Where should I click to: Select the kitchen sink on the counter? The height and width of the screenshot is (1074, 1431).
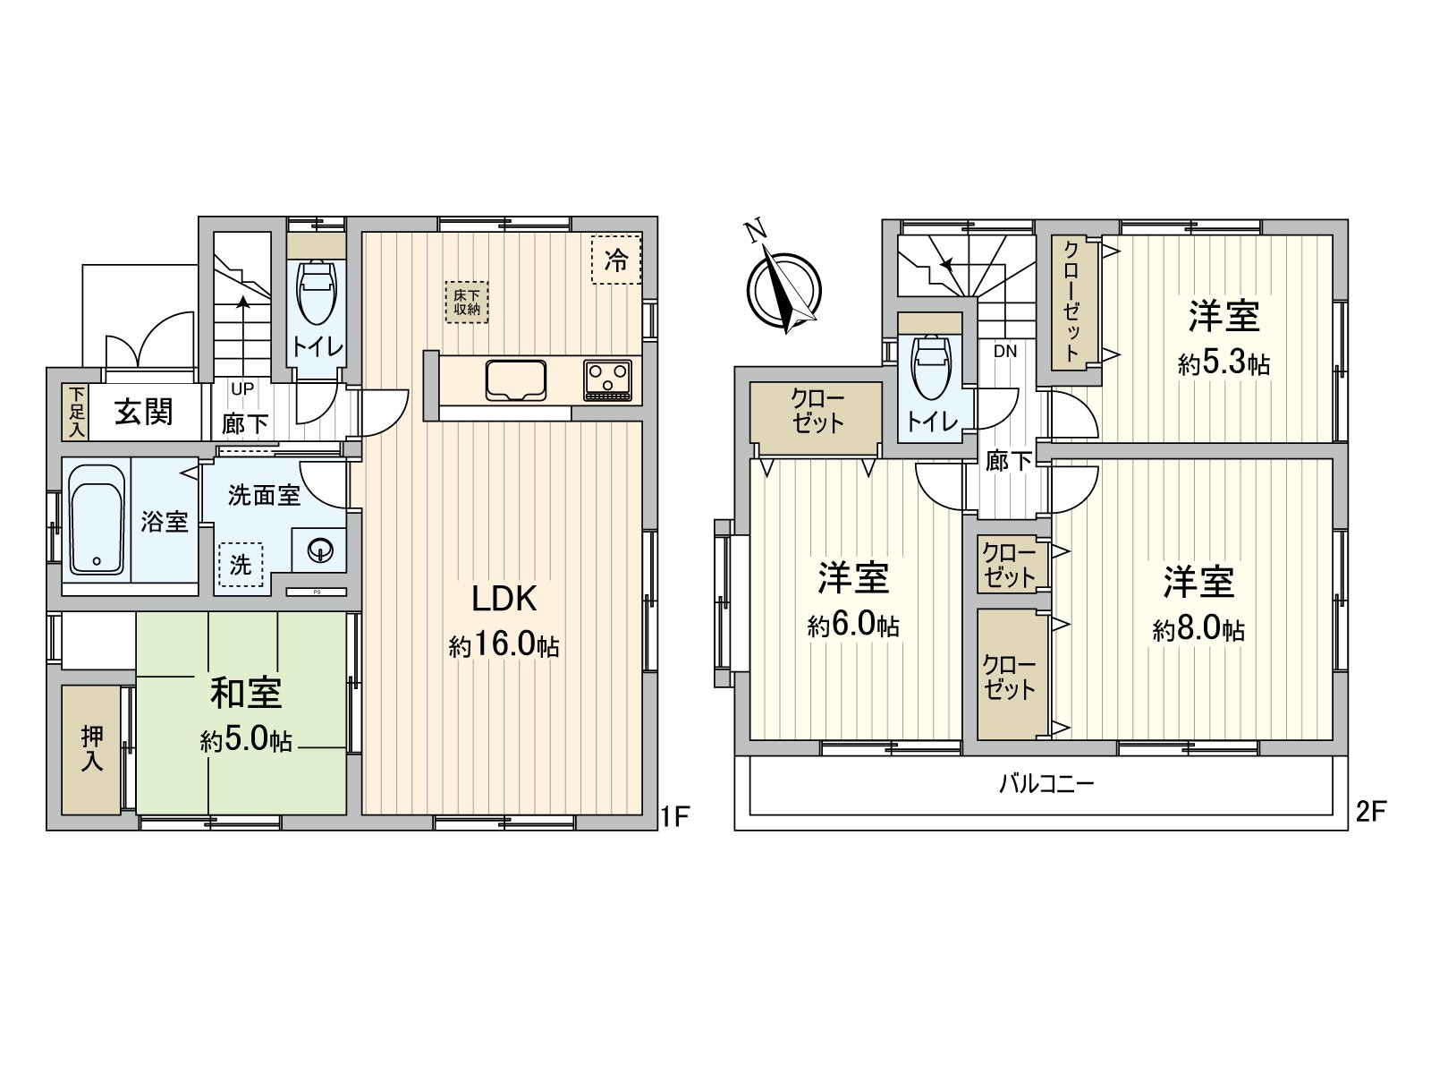click(516, 381)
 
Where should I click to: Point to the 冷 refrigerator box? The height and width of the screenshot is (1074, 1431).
click(616, 259)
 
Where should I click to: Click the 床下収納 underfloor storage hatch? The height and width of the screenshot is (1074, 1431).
click(466, 303)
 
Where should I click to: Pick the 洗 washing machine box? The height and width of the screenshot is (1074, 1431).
click(241, 565)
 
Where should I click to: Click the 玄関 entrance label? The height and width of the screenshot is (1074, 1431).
click(144, 413)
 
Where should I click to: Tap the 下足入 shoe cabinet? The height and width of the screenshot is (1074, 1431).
click(75, 413)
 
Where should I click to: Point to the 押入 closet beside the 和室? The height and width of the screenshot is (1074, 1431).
click(91, 749)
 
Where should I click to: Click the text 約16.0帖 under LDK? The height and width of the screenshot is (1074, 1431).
click(504, 646)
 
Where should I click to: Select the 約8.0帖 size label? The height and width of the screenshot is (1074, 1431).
click(1198, 630)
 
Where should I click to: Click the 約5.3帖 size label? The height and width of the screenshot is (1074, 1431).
click(1224, 363)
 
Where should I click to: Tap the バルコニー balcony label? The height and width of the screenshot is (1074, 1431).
click(1046, 785)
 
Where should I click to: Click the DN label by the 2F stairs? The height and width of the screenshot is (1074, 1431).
click(1005, 352)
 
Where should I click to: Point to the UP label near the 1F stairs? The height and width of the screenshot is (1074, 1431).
click(242, 389)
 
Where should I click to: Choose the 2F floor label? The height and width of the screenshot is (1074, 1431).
click(1371, 812)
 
